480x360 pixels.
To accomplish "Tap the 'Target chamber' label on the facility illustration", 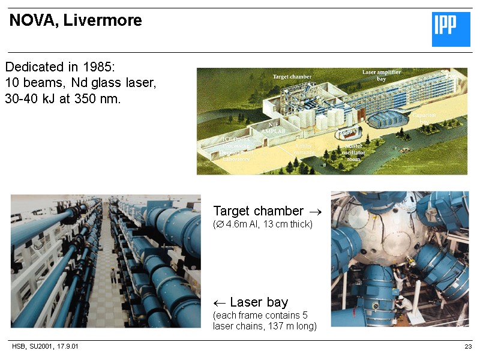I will pyautogui.click(x=292, y=77).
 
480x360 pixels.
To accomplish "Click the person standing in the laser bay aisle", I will pyautogui.click(x=112, y=275).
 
